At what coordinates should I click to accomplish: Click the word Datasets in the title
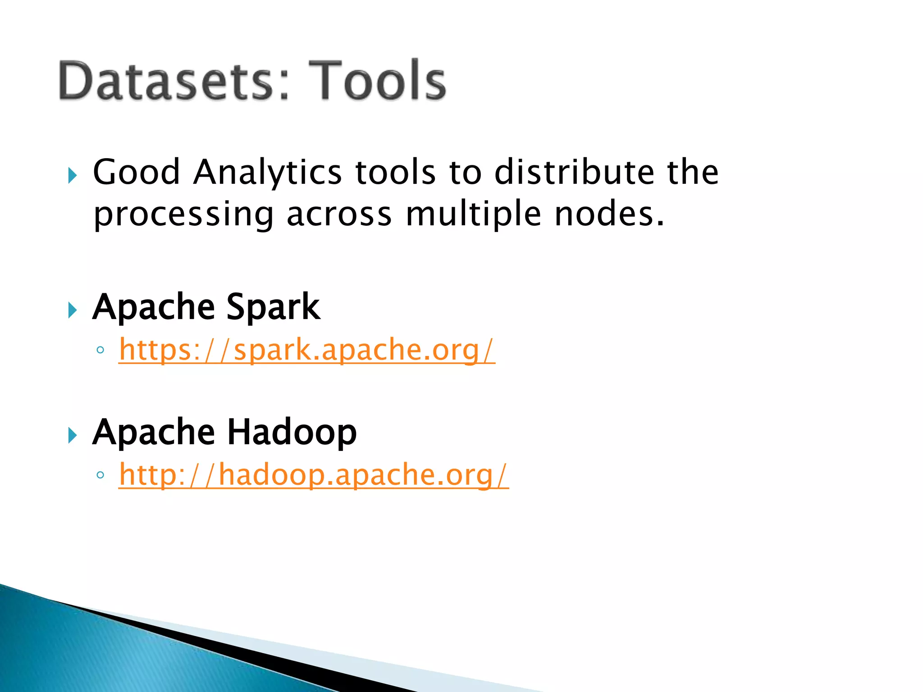point(166,81)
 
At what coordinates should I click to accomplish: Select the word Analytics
point(267,173)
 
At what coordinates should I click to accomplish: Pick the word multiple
point(473,214)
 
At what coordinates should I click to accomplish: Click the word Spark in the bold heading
point(273,307)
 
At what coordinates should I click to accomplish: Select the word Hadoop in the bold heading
point(292,432)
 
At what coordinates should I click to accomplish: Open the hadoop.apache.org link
point(314,475)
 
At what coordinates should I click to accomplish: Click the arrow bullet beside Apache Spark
point(72,310)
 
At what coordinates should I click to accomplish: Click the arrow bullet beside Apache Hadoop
point(72,435)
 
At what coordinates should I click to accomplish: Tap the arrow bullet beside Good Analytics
point(72,175)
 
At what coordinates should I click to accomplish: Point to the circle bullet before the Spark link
point(100,350)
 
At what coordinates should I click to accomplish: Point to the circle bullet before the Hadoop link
point(100,475)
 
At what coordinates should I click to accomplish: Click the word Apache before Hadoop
point(153,432)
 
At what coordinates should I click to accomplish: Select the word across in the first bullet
point(339,214)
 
